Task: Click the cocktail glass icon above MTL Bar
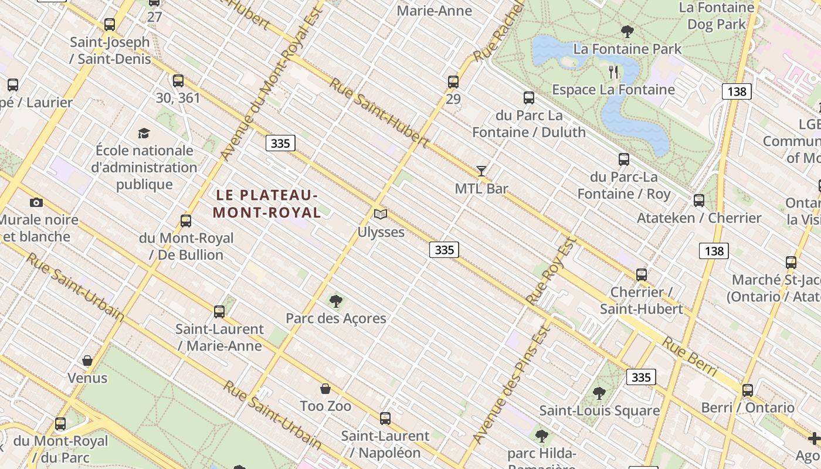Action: click(481, 171)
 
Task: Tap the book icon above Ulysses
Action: click(381, 215)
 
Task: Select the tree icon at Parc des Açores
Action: click(336, 301)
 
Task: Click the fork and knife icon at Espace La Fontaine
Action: click(613, 72)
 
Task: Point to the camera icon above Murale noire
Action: click(36, 203)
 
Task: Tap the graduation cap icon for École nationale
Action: click(144, 133)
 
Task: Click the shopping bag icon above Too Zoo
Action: click(325, 389)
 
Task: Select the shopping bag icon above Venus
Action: click(87, 361)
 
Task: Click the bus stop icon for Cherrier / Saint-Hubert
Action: click(642, 274)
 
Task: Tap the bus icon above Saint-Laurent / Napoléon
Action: click(385, 419)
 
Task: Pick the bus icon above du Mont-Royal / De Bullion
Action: click(186, 221)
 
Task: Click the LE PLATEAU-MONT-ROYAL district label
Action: click(267, 203)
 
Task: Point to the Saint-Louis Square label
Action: click(599, 410)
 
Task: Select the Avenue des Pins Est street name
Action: click(511, 385)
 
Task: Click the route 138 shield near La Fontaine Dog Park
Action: click(737, 91)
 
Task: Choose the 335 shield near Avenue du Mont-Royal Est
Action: click(280, 144)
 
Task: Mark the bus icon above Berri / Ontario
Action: click(748, 390)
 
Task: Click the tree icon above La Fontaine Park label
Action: click(627, 31)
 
